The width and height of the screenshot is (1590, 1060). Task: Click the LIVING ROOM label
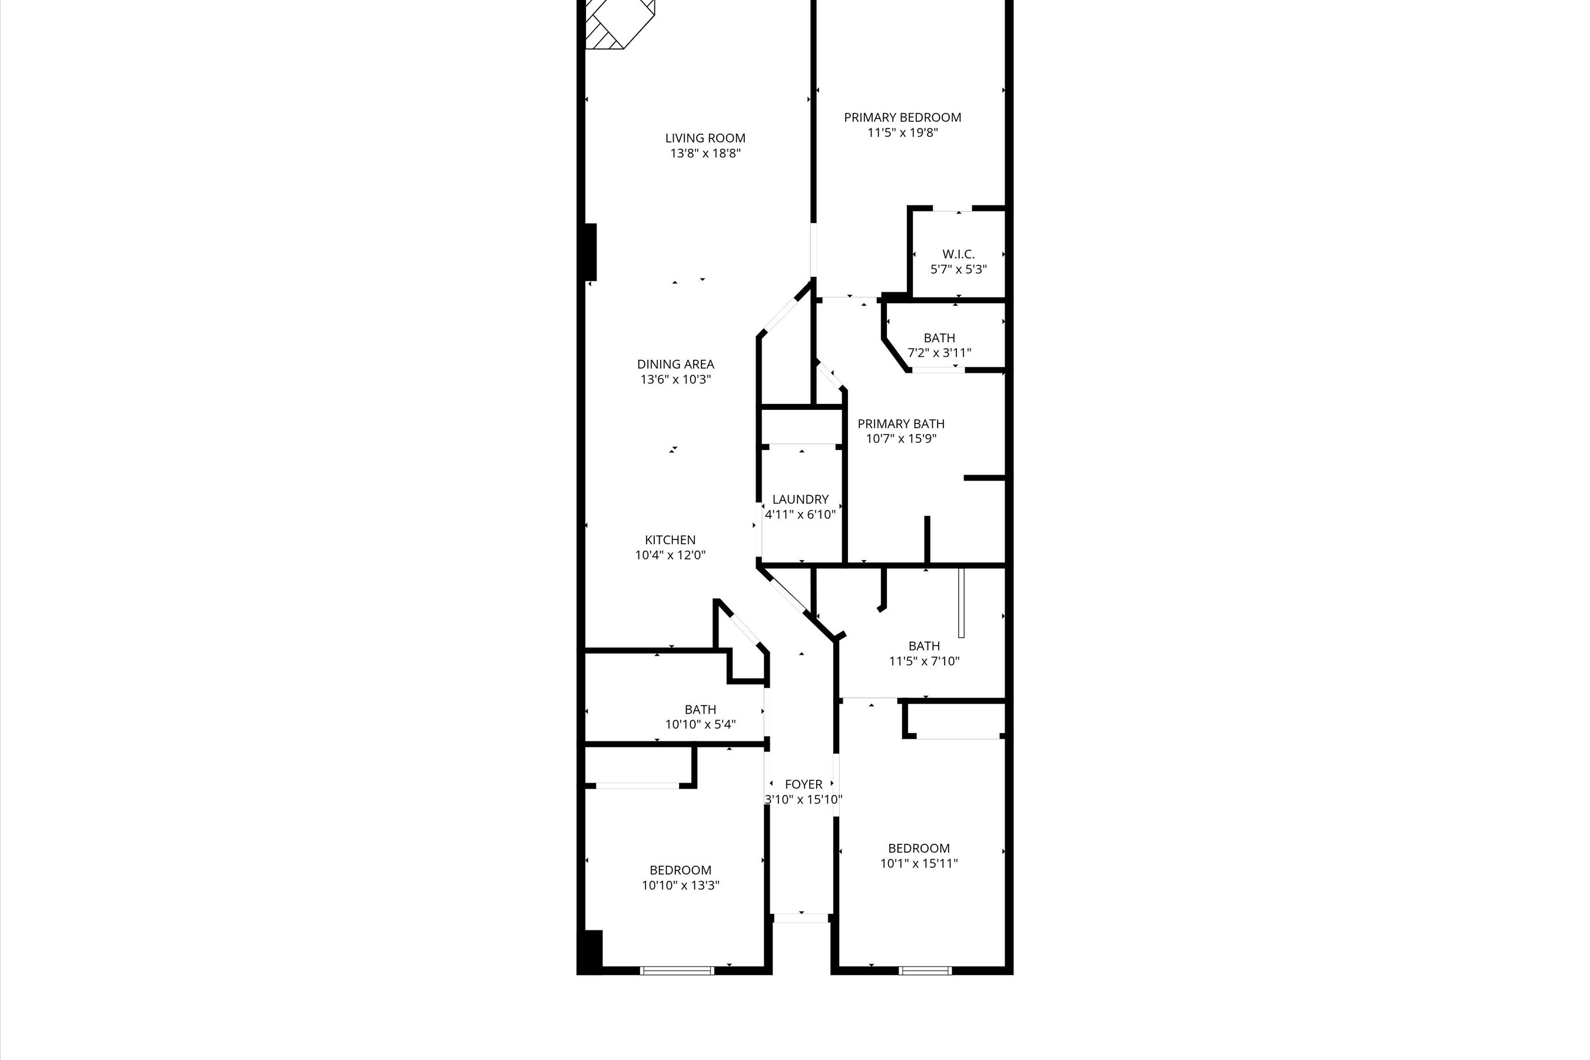[705, 138]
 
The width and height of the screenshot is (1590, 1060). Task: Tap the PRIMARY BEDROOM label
[903, 118]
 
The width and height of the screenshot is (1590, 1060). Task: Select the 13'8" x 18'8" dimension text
[705, 154]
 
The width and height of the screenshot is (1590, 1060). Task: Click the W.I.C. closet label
[959, 254]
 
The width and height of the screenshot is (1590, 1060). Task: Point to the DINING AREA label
[675, 365]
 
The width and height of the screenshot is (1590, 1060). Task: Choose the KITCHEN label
[670, 540]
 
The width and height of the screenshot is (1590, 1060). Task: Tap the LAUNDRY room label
[800, 499]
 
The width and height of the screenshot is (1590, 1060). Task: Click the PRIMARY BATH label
[901, 424]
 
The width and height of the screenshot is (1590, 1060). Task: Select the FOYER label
[804, 784]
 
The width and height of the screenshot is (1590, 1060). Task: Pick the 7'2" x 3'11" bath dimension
[939, 353]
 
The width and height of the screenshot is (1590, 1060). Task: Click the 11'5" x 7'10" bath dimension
[924, 661]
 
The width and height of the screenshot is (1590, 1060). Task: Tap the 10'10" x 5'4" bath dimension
[700, 725]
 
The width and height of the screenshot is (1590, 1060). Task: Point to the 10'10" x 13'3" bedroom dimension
[681, 886]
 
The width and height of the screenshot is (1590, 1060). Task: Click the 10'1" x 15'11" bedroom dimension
[919, 863]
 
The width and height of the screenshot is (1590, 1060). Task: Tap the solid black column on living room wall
[590, 251]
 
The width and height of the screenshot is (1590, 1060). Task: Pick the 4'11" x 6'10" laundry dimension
[800, 515]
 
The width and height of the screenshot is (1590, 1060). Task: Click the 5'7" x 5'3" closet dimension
[959, 270]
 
